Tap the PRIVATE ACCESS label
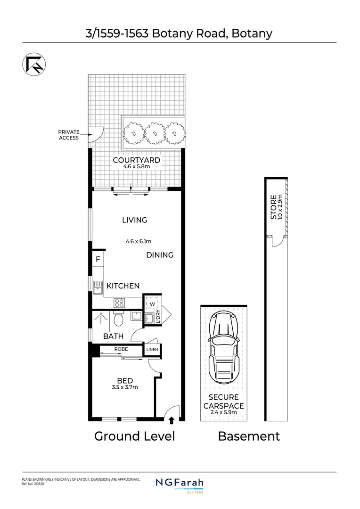pos(69,135)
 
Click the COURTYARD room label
pos(136,160)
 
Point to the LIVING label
pos(134,220)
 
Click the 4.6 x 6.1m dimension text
pos(138,241)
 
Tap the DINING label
pos(160,255)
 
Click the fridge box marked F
pos(98,259)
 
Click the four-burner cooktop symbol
pos(119,303)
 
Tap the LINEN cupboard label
pos(152,350)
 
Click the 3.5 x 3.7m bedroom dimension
pos(125,387)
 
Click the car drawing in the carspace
pos(224,348)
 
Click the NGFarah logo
pos(180,483)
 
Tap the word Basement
pos(248,436)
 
